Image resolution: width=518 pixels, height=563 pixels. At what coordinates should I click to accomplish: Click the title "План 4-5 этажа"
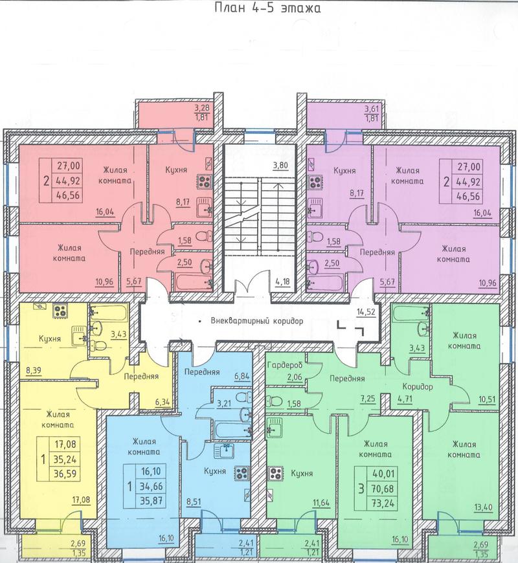coord(267,8)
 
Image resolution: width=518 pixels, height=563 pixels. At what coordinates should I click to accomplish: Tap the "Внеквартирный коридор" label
coord(256,321)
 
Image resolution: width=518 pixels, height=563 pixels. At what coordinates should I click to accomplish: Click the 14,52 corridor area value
coord(366,312)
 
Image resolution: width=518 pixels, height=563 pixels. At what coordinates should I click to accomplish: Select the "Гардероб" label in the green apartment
coord(285,365)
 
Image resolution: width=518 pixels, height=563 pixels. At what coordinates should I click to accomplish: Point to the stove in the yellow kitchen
coord(60,311)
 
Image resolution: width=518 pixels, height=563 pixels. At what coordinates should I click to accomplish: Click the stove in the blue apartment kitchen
coord(242,473)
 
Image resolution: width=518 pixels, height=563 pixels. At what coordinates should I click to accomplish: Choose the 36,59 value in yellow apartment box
coord(65,474)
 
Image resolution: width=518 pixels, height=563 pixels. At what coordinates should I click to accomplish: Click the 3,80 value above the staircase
coord(280,166)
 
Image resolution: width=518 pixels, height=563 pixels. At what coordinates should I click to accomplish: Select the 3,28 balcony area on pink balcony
coord(202,107)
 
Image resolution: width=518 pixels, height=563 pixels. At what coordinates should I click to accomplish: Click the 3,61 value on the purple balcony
coord(372,109)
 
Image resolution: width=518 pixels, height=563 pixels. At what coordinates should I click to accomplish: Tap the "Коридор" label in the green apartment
coord(418,387)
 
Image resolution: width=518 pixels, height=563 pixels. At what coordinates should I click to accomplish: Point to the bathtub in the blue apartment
coord(232,430)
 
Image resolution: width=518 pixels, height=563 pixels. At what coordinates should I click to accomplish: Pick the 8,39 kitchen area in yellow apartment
coord(34,370)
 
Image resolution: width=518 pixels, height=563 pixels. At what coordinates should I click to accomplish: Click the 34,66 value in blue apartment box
coord(150,487)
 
